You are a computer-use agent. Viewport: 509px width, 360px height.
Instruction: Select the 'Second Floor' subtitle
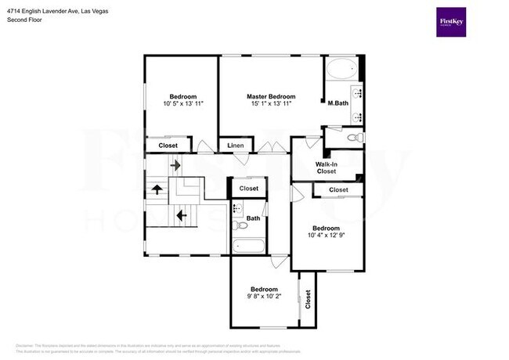click(x=25, y=20)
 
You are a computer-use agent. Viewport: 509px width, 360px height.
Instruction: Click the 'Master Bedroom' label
click(x=271, y=96)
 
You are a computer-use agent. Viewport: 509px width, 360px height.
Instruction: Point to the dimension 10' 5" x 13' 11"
click(x=183, y=103)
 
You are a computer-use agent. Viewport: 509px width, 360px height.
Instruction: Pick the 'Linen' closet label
click(x=236, y=146)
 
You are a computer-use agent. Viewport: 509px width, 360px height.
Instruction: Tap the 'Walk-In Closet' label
click(x=327, y=167)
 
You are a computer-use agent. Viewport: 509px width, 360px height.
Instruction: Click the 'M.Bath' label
click(x=338, y=103)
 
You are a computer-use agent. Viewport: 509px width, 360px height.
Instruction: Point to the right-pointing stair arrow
click(x=175, y=165)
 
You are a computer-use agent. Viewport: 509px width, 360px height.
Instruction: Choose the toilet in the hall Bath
click(x=241, y=225)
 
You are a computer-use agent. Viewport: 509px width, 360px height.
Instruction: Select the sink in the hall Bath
click(x=236, y=207)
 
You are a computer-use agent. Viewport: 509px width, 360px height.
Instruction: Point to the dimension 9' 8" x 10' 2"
click(x=262, y=296)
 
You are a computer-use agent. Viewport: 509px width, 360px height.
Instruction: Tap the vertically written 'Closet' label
click(x=308, y=298)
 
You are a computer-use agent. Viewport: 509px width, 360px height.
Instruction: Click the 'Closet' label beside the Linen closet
click(x=168, y=146)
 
